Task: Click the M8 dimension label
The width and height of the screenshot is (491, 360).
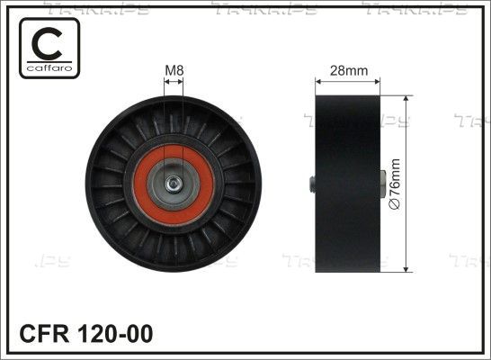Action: (x=174, y=70)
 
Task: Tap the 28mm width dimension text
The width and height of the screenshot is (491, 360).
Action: (x=349, y=70)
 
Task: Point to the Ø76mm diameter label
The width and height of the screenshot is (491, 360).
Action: (x=395, y=184)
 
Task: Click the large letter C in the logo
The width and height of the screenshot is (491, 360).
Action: (x=48, y=43)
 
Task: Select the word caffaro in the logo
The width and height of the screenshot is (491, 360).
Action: (x=49, y=67)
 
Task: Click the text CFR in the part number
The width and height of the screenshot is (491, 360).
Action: (x=44, y=334)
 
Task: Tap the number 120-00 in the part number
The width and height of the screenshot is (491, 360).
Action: (x=115, y=334)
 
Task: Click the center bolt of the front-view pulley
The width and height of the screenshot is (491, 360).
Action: (x=173, y=184)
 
